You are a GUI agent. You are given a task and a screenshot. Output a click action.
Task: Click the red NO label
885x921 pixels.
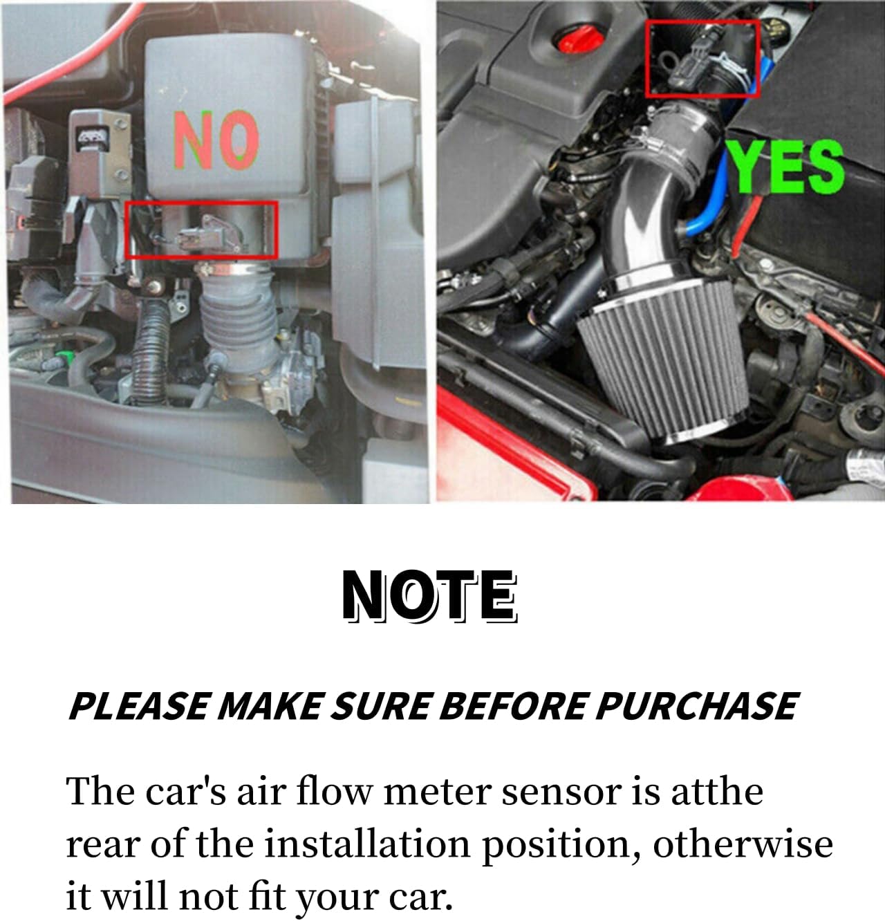tap(216, 140)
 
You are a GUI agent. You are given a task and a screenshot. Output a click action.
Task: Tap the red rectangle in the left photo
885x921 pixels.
tap(201, 230)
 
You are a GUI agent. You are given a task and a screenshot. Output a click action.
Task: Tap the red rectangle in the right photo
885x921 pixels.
tap(702, 58)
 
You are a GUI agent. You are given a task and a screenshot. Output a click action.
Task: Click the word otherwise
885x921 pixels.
tap(743, 844)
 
